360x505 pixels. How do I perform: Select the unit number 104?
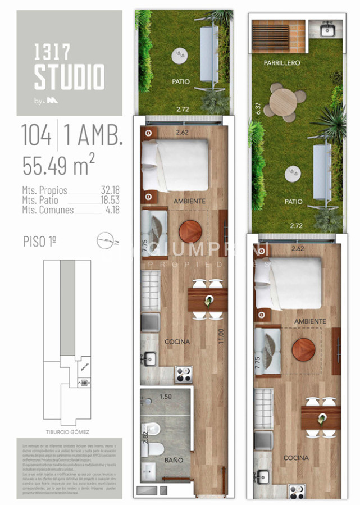point(37,135)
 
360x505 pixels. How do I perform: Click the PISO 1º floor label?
point(40,242)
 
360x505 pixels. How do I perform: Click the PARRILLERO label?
point(282,63)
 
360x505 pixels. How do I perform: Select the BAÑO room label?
point(174,460)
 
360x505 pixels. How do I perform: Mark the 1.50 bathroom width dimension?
point(166,396)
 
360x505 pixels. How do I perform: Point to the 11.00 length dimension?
point(221,335)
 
